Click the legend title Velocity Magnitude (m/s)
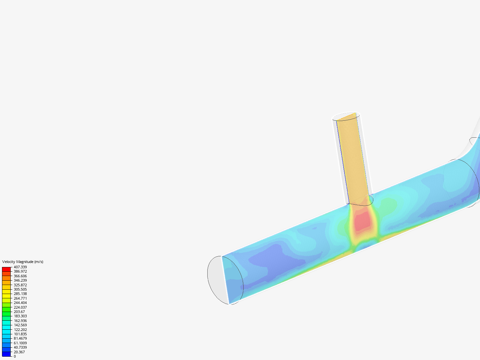pyautogui.click(x=23, y=262)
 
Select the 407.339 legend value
pyautogui.click(x=20, y=267)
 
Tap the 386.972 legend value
pyautogui.click(x=20, y=272)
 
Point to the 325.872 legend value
pyautogui.click(x=20, y=285)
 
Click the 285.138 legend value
pyautogui.click(x=20, y=294)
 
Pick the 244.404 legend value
pyautogui.click(x=20, y=303)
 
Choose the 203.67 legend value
pyautogui.click(x=19, y=312)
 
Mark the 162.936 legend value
pyautogui.click(x=20, y=321)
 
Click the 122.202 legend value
pyautogui.click(x=20, y=330)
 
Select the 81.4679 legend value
pyautogui.click(x=20, y=338)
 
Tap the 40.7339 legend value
pyautogui.click(x=20, y=347)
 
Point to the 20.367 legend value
pyautogui.click(x=19, y=352)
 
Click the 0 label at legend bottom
pyautogui.click(x=15, y=356)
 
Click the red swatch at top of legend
pyautogui.click(x=6, y=269)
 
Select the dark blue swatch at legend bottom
pyautogui.click(x=6, y=354)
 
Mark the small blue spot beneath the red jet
pyautogui.click(x=367, y=247)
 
